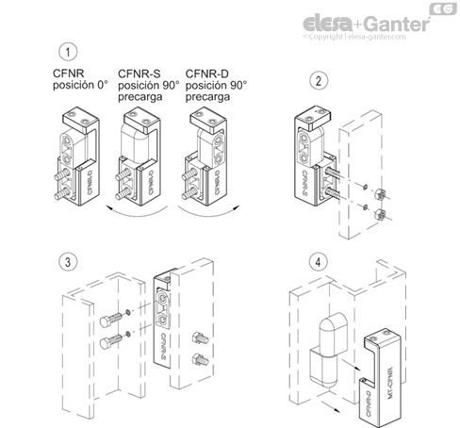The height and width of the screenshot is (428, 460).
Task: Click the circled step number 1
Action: pos(66,53)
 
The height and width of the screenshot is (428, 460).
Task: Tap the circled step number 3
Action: pos(66,260)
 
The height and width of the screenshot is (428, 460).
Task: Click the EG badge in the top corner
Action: pos(441,9)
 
